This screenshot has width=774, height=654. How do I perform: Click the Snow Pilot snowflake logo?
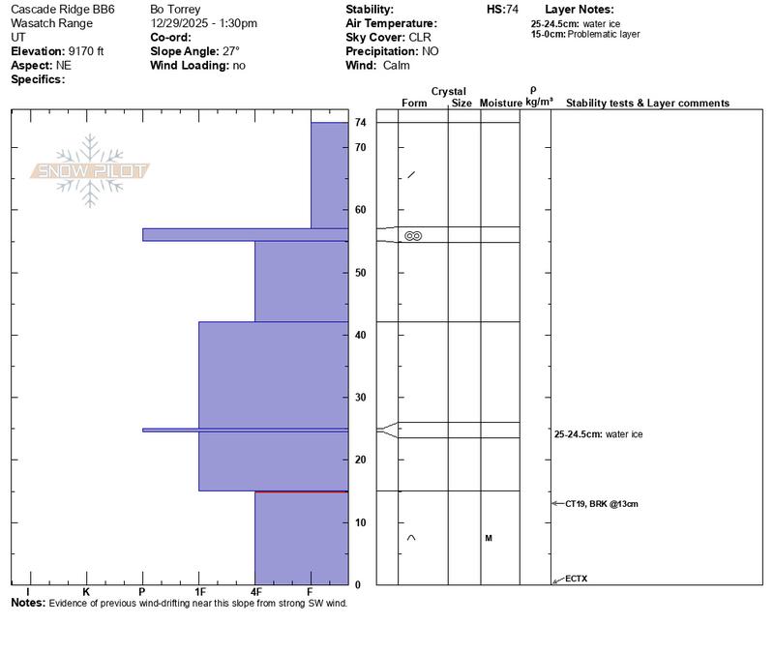[90, 171]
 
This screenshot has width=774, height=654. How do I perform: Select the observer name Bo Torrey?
[175, 9]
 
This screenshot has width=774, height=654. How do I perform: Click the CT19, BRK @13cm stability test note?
[601, 504]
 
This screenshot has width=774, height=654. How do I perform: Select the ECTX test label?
[576, 580]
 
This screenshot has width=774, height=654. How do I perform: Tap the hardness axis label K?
[86, 592]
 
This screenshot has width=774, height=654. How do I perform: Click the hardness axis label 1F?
[200, 592]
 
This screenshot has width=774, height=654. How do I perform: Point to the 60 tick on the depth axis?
[360, 210]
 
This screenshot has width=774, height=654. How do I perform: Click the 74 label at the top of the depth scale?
[360, 123]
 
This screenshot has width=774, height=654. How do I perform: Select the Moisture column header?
[500, 103]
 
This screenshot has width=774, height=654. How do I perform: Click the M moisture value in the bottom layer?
[489, 538]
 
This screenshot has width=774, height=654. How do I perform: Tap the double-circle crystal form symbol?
[413, 236]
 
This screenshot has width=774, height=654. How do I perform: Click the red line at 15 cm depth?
[300, 491]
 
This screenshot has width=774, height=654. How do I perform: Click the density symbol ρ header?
[533, 89]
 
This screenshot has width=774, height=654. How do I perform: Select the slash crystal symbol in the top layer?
[411, 175]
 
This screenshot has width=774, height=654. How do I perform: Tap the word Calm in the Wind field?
[396, 66]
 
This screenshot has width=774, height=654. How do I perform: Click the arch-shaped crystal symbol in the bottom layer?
[411, 538]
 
